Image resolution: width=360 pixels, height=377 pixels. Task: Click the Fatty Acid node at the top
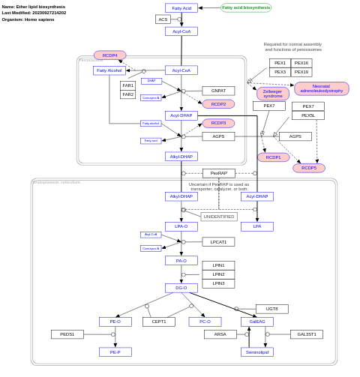point(181,8)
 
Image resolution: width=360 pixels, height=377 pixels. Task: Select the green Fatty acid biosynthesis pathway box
point(246,7)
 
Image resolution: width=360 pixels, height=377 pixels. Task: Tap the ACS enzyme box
point(163,19)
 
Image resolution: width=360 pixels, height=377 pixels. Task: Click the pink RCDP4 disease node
point(109,55)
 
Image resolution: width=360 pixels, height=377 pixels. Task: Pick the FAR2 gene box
point(127,94)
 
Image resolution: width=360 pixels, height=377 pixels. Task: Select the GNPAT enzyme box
point(218,91)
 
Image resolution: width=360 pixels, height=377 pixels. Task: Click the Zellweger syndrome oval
point(272,94)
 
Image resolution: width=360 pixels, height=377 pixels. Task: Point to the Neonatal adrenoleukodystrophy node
point(321,88)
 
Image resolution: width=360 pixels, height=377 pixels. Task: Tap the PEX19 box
point(301,72)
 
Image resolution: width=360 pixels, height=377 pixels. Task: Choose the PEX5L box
point(308,115)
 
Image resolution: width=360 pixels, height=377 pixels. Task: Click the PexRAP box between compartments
point(218,173)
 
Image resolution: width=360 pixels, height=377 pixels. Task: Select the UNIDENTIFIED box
point(219,217)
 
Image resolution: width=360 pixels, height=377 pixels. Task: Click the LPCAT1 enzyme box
point(218,242)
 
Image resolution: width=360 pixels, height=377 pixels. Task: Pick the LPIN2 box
point(218,274)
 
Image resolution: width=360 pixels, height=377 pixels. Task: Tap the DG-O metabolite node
point(181,288)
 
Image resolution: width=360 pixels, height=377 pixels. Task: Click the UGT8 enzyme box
point(271,309)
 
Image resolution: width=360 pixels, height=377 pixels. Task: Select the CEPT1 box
point(159,322)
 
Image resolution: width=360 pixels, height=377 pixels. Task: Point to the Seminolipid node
point(257,352)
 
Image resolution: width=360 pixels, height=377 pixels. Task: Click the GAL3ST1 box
point(307,334)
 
